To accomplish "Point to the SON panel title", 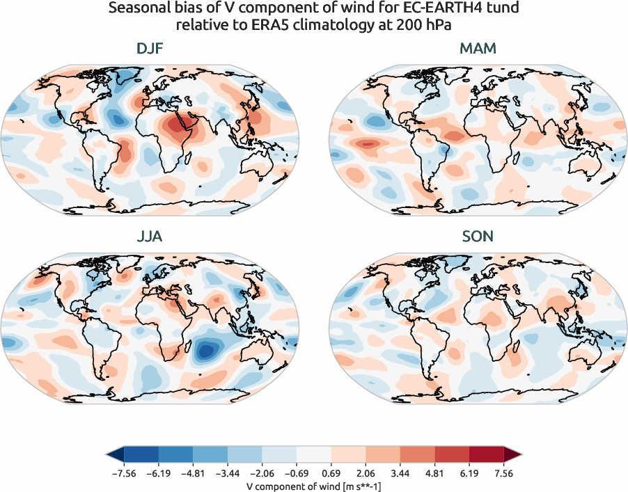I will pos(478,237).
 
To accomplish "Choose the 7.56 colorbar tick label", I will pos(504,473).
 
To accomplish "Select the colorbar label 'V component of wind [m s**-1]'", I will pos(314,486).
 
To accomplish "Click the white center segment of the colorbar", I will pos(314,455).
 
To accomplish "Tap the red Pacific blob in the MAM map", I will pos(368,143).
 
